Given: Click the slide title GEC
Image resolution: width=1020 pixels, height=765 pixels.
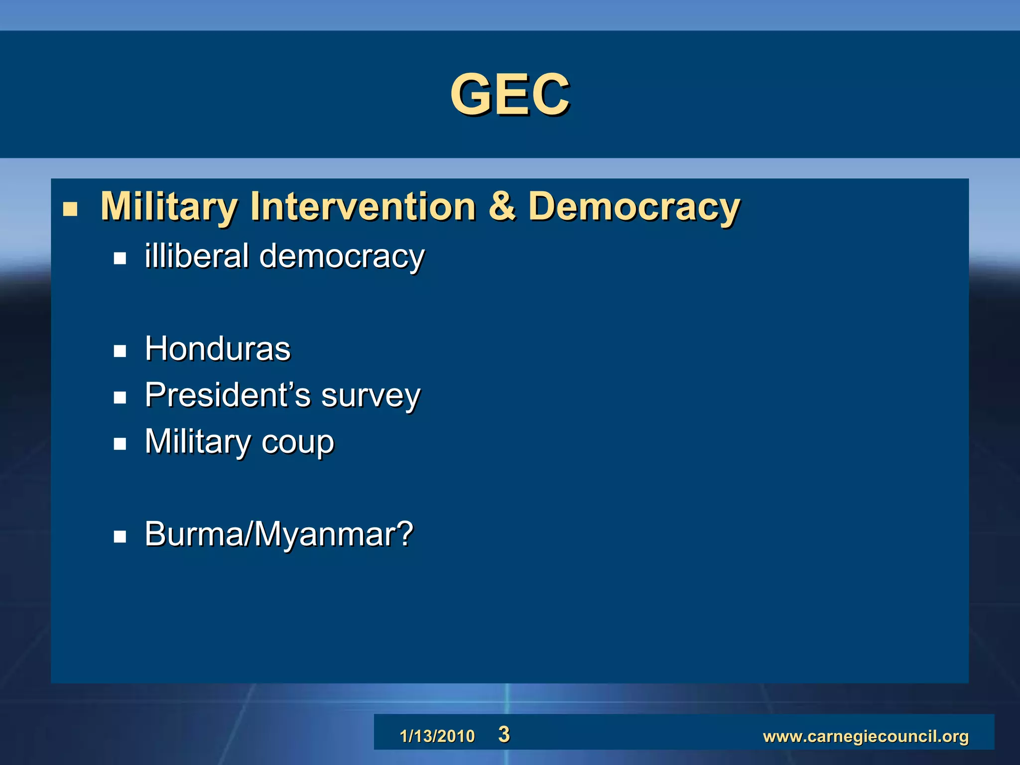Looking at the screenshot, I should point(510,94).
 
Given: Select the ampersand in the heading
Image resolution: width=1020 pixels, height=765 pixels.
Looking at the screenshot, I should point(502,206).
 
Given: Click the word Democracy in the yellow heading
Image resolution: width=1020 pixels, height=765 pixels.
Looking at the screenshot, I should point(634,207).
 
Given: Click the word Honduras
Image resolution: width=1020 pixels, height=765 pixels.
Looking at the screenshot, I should point(218,349).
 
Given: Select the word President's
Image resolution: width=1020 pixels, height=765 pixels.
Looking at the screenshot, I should point(228,395).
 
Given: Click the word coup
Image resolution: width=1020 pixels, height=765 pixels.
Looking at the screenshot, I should point(297,442).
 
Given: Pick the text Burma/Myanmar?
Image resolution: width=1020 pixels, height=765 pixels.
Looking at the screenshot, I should point(279,534).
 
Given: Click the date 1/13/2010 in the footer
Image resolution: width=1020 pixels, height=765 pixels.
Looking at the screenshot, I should point(437,736).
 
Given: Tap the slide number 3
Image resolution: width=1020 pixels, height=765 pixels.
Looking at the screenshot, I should point(504,735).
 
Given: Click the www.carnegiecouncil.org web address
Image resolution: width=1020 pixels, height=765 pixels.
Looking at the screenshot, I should point(866,736).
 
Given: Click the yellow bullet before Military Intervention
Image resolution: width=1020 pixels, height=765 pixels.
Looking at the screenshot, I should point(70,209).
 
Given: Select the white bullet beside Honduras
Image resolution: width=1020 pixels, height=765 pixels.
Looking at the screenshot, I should point(120,351).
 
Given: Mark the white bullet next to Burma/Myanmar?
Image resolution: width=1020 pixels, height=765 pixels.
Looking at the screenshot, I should point(120,536).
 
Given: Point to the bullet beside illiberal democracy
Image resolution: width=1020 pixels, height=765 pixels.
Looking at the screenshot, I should point(120,258).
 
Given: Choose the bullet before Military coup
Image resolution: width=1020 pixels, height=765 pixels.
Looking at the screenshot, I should point(120,443).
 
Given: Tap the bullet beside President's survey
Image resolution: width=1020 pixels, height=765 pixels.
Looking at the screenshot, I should point(120,397).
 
